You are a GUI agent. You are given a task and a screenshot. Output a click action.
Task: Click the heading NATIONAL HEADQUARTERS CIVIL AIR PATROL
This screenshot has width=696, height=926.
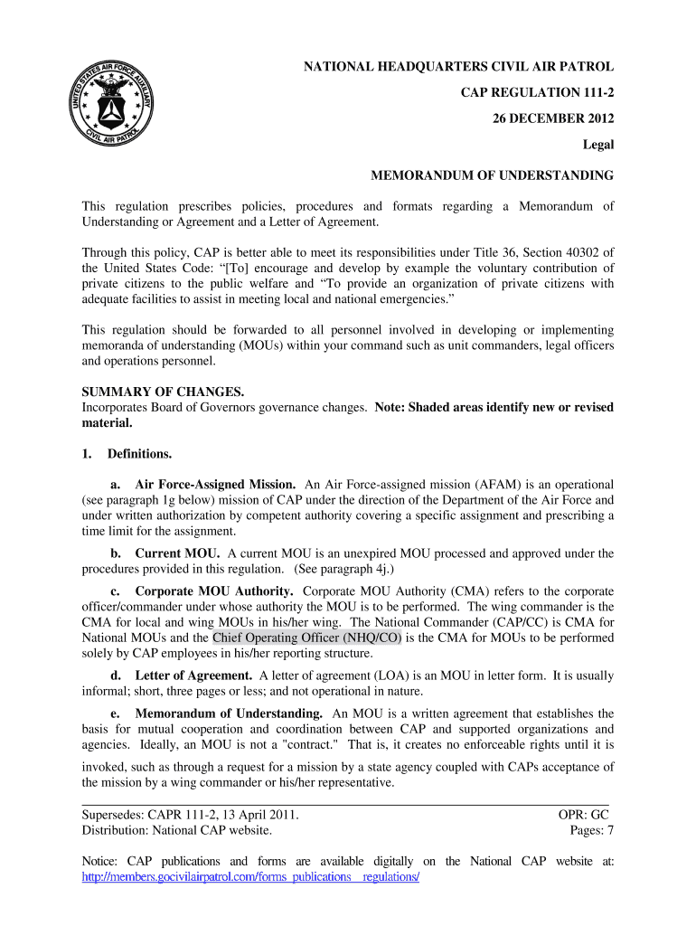point(458,67)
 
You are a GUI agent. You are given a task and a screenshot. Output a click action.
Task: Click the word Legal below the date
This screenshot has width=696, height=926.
point(597,145)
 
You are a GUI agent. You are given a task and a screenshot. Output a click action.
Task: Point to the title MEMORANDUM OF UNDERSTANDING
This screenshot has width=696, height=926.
point(492,175)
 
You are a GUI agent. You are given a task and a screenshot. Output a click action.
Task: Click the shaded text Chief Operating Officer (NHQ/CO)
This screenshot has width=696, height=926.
point(307,638)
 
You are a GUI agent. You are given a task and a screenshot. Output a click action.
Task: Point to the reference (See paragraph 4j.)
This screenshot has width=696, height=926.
point(345,569)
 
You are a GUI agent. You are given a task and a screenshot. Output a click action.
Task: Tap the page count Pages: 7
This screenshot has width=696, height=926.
point(591,830)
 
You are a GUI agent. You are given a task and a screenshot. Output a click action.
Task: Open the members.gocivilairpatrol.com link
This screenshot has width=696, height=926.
point(250,877)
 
